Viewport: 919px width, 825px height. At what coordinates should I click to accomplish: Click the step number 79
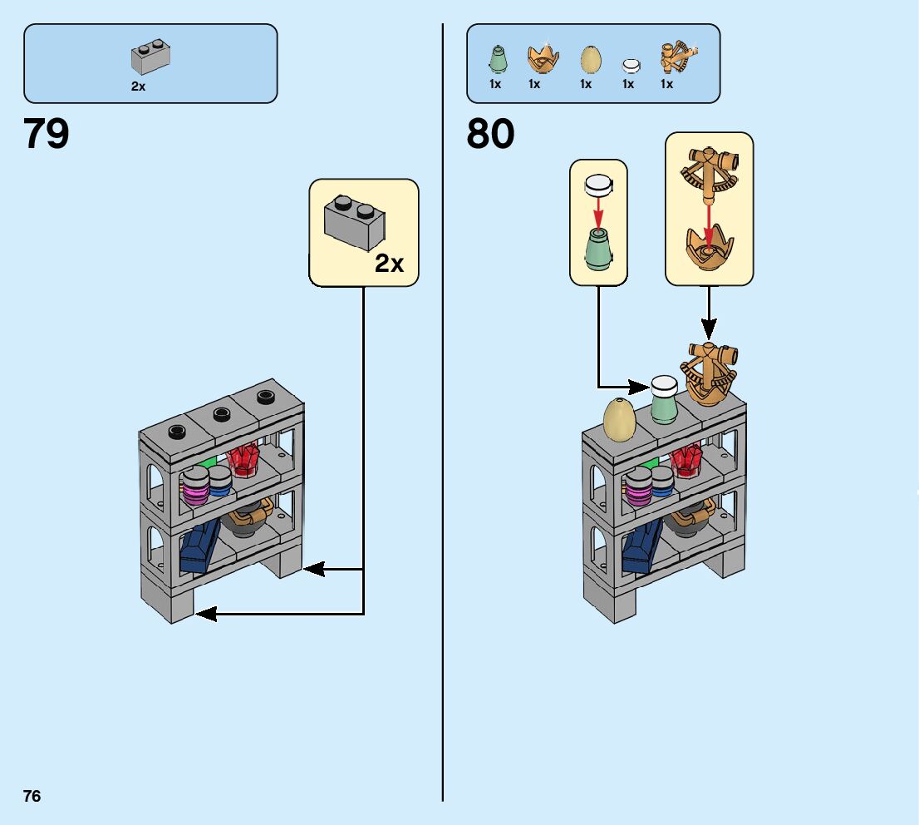pos(47,134)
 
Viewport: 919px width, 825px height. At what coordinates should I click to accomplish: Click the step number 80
pos(490,134)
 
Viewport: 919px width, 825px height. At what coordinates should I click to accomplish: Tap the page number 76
pos(32,796)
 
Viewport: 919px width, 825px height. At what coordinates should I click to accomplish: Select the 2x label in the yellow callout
pos(389,264)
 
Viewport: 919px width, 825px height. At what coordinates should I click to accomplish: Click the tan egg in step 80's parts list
pos(589,58)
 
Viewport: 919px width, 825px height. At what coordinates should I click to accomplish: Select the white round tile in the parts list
pos(631,64)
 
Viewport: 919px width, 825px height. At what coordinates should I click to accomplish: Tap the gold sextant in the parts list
pos(677,57)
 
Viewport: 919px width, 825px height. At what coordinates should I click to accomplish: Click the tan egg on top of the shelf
pos(619,417)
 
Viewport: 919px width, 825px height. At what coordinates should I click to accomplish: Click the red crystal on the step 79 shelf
pos(243,459)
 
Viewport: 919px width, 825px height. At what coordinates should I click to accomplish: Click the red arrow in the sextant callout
pos(708,217)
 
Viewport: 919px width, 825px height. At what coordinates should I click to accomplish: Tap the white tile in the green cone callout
pos(597,185)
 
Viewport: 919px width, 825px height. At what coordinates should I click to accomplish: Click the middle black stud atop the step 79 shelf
pos(221,412)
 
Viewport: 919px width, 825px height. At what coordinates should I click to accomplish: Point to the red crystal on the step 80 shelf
pos(686,459)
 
